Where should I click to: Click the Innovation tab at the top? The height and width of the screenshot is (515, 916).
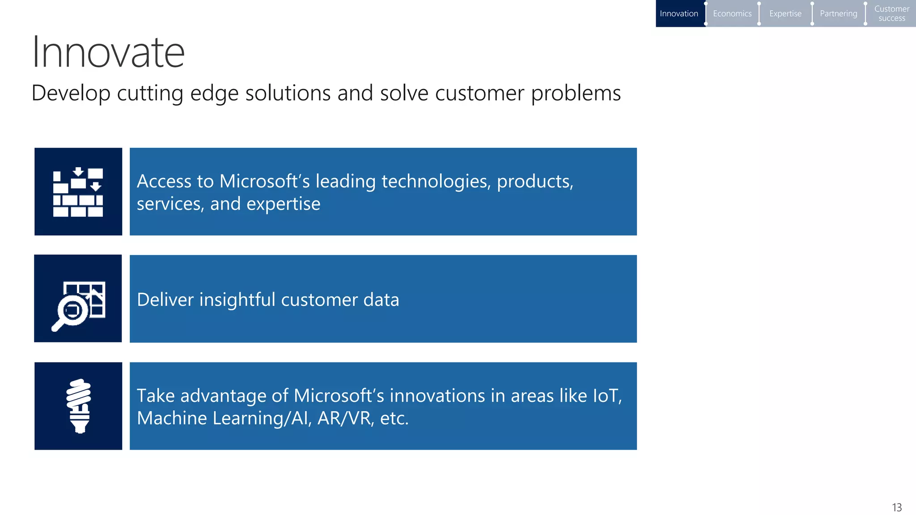tap(679, 13)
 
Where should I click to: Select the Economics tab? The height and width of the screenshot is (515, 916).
tap(732, 13)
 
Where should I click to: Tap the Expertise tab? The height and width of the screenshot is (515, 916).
tap(785, 13)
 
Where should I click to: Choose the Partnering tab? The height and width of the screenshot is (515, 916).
tap(838, 13)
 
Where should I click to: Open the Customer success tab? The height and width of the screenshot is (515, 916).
tap(891, 13)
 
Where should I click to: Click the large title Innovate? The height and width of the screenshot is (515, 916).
tap(108, 52)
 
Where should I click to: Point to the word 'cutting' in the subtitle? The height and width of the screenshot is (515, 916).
tap(150, 93)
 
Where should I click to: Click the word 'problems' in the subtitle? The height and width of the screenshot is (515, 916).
tap(576, 93)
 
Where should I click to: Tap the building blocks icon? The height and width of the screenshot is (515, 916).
tap(78, 192)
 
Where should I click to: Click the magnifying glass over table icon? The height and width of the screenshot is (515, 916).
tap(78, 299)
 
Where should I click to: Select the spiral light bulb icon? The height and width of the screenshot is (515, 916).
tap(79, 406)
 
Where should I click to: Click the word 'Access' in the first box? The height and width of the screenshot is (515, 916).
tap(164, 182)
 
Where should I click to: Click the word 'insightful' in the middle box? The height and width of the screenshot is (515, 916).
tap(237, 300)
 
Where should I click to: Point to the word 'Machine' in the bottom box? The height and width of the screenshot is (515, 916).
tap(172, 418)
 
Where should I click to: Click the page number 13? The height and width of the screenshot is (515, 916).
tap(896, 507)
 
